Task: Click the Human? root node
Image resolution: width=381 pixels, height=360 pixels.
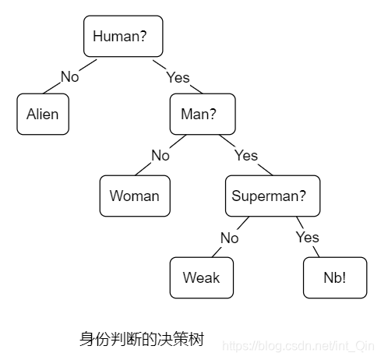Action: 123,36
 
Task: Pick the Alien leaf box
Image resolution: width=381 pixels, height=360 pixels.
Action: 42,115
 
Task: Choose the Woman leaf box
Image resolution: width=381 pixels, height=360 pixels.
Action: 134,196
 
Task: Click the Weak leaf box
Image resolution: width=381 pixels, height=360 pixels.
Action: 201,277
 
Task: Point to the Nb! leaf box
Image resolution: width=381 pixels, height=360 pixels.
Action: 335,277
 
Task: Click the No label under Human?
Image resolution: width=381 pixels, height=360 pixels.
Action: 70,77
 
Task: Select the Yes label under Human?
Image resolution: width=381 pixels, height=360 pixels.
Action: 178,77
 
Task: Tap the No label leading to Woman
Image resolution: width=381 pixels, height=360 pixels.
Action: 160,155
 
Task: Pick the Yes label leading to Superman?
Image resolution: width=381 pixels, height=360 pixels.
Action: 245,155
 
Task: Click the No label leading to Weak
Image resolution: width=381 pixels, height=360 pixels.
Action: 228,238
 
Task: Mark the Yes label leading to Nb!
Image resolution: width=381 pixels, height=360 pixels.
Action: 308,238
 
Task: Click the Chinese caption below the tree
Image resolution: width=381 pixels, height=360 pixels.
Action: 141,339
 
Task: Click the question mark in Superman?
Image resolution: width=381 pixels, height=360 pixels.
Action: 314,196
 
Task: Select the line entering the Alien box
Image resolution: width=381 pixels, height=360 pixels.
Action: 52,89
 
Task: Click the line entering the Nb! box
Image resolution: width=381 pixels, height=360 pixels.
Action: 315,251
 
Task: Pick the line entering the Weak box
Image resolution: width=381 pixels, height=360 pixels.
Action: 217,251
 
